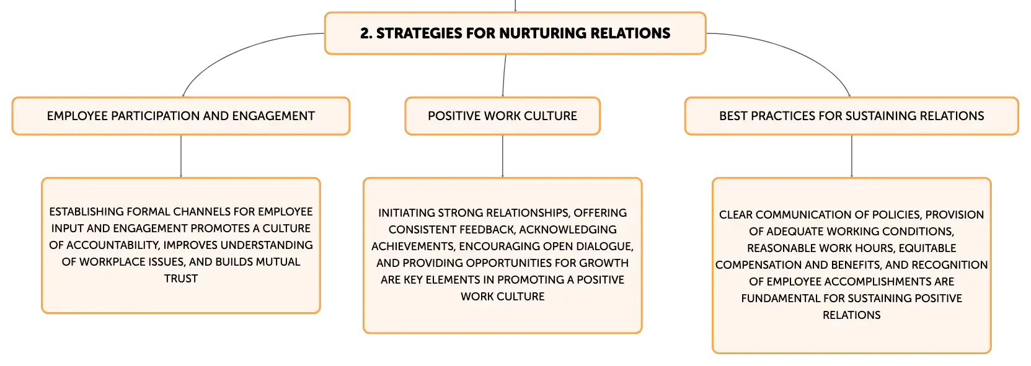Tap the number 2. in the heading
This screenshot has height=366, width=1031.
(x=366, y=33)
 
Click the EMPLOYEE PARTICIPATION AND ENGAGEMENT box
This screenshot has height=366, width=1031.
(x=181, y=116)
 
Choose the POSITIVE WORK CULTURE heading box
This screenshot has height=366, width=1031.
(x=503, y=116)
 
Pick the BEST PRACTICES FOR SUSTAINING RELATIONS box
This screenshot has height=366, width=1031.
(x=851, y=116)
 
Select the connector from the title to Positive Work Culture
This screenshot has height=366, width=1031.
(x=504, y=76)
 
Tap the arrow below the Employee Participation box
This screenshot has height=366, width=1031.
(x=181, y=156)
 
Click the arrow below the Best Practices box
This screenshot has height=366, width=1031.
(x=851, y=156)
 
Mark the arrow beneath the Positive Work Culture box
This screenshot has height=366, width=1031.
(x=503, y=156)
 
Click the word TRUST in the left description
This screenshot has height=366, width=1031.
(x=181, y=279)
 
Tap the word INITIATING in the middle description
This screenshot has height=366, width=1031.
(x=407, y=213)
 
